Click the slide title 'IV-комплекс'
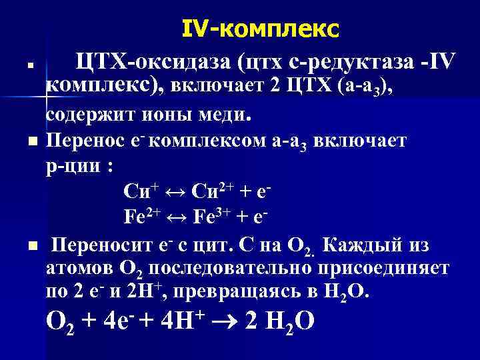click(260, 29)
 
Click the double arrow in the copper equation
click(172, 193)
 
